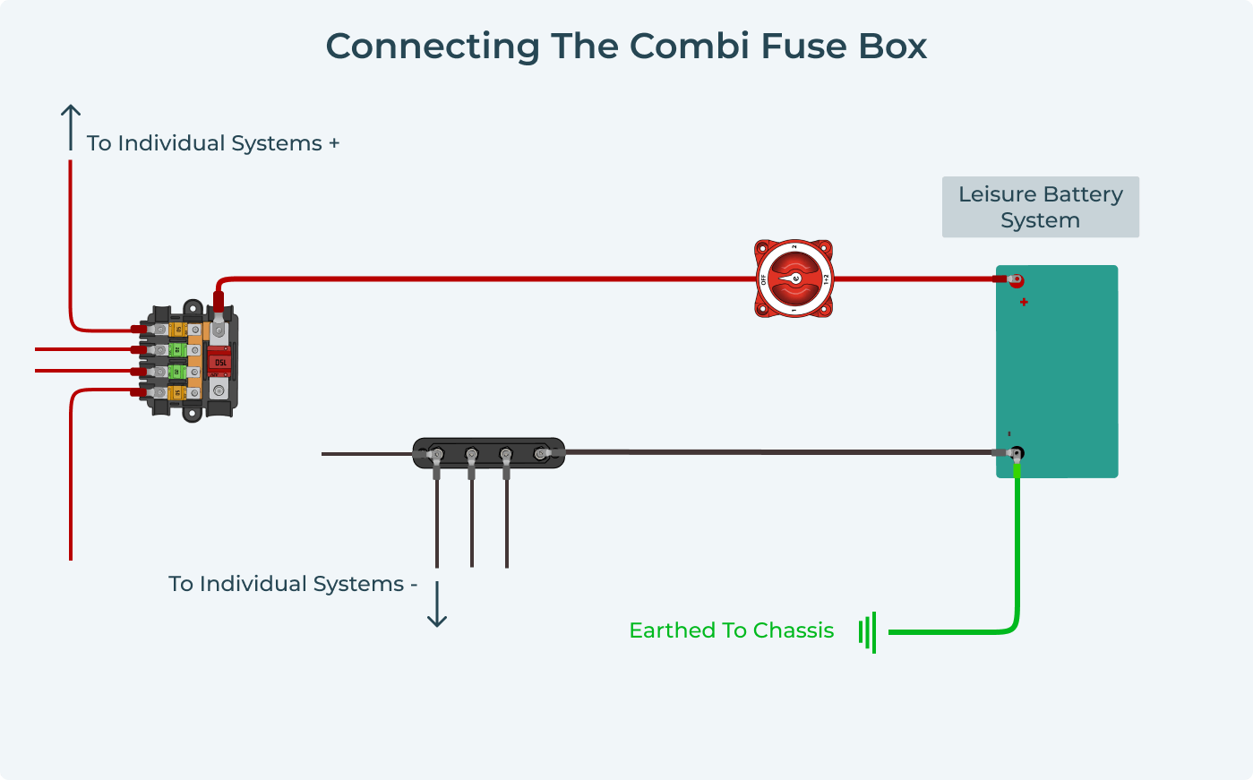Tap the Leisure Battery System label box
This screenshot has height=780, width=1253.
click(x=1040, y=207)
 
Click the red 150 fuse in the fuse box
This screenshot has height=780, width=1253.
click(x=219, y=361)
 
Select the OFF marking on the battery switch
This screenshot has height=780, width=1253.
click(x=764, y=279)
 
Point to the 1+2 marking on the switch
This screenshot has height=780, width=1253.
click(x=826, y=279)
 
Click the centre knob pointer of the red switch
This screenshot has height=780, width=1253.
click(x=794, y=279)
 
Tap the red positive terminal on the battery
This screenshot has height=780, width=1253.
click(x=1016, y=280)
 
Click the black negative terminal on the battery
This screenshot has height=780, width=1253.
click(x=1016, y=453)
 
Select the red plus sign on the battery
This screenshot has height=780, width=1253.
click(x=1024, y=302)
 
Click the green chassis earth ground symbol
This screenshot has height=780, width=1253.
click(x=867, y=632)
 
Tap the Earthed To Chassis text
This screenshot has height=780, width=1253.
click(x=731, y=630)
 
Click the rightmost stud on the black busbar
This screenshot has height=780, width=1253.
click(x=540, y=454)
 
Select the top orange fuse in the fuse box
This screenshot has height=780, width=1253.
click(x=177, y=330)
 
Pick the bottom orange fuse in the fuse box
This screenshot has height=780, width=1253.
click(x=177, y=392)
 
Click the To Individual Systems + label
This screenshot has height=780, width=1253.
click(x=213, y=143)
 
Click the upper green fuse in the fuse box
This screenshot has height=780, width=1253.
click(x=176, y=350)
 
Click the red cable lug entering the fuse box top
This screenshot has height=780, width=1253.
click(x=218, y=302)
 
